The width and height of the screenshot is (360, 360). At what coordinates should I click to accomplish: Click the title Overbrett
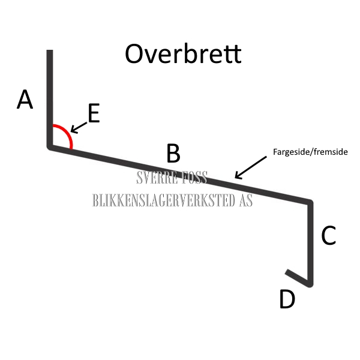click(183, 54)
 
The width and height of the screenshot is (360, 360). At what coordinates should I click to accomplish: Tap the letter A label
click(25, 100)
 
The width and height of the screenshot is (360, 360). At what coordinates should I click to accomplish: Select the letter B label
click(173, 154)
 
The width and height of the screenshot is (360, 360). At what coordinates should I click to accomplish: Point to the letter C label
click(328, 236)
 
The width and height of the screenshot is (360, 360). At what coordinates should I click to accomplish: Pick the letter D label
click(287, 299)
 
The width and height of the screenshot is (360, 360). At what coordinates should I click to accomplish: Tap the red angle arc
click(67, 136)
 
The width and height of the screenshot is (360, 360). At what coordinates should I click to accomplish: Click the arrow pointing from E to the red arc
click(79, 125)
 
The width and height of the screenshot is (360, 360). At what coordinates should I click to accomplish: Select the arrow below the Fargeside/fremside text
click(250, 167)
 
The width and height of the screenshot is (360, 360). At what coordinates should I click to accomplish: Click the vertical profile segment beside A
click(50, 99)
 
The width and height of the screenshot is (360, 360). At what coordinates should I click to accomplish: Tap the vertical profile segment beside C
click(311, 240)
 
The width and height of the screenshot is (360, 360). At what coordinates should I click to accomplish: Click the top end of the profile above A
click(50, 53)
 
